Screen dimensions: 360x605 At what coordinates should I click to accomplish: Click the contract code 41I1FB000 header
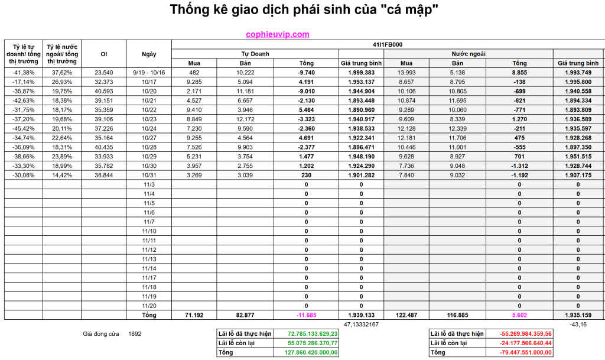tap(387, 44)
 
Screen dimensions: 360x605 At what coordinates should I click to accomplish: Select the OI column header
tap(104, 54)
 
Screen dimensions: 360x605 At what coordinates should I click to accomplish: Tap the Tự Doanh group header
tap(255, 53)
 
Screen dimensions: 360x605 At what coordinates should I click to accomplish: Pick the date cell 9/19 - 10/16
tap(149, 72)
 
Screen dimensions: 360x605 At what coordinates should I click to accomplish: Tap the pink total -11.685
tap(306, 315)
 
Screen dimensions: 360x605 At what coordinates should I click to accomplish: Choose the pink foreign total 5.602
tap(519, 315)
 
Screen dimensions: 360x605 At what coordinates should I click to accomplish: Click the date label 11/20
tap(149, 306)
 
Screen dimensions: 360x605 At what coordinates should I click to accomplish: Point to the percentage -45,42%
tap(24, 128)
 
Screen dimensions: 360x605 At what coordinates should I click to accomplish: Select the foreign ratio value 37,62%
tap(62, 72)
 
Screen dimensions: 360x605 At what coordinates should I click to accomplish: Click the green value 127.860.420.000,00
tap(313, 352)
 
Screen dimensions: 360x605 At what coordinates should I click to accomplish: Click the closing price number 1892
tap(135, 334)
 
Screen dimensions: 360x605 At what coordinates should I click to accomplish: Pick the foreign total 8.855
tap(519, 72)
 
